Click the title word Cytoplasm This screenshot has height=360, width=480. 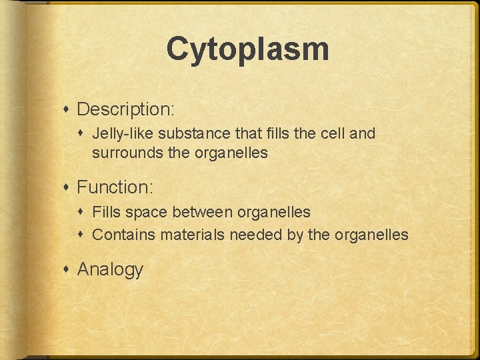247,50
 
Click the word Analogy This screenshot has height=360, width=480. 110,269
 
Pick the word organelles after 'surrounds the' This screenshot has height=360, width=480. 231,153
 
